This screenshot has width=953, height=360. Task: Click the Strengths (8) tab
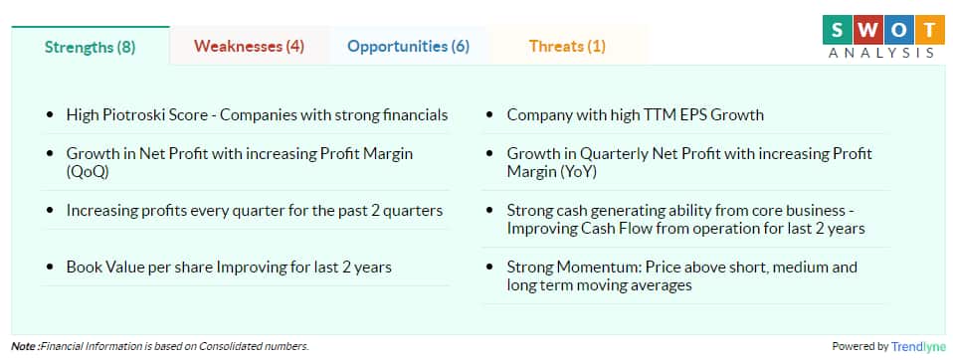click(x=91, y=46)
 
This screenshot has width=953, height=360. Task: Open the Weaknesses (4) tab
click(x=249, y=46)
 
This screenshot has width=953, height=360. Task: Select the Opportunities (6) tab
click(x=408, y=46)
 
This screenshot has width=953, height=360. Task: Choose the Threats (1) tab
click(x=567, y=46)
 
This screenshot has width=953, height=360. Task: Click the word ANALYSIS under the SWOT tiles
click(x=881, y=53)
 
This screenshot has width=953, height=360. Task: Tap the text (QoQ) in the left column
click(x=88, y=170)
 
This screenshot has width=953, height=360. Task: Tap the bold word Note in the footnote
click(x=24, y=346)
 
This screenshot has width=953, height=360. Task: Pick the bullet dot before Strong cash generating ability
click(x=491, y=211)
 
